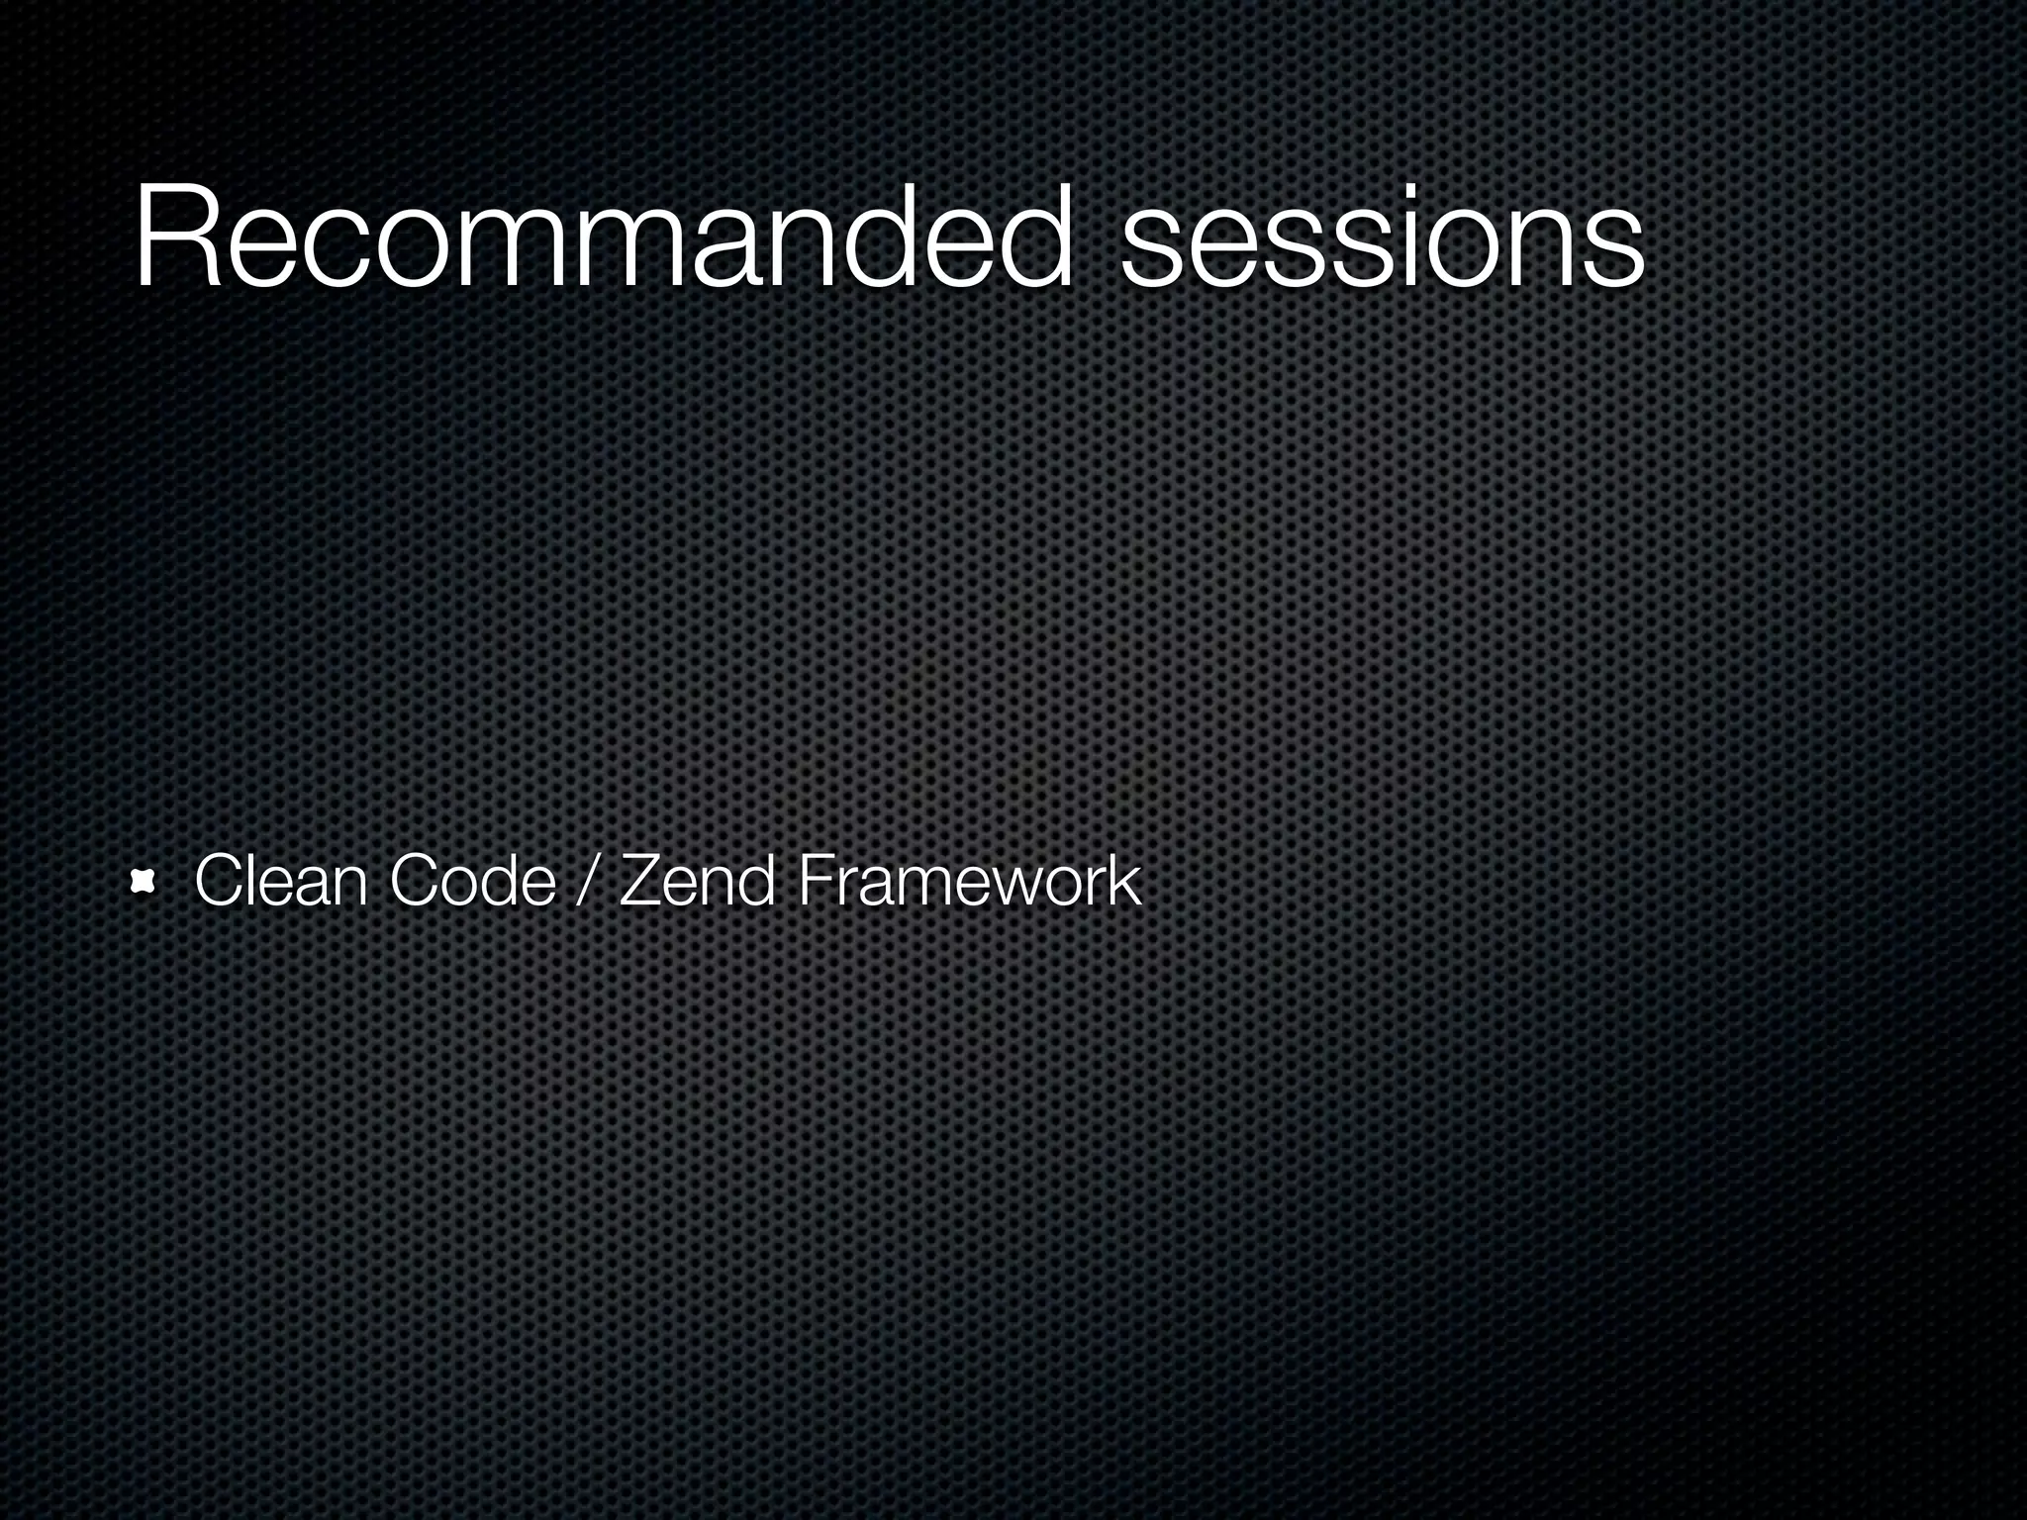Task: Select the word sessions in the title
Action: click(x=1382, y=242)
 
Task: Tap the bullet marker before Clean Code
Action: click(x=145, y=883)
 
